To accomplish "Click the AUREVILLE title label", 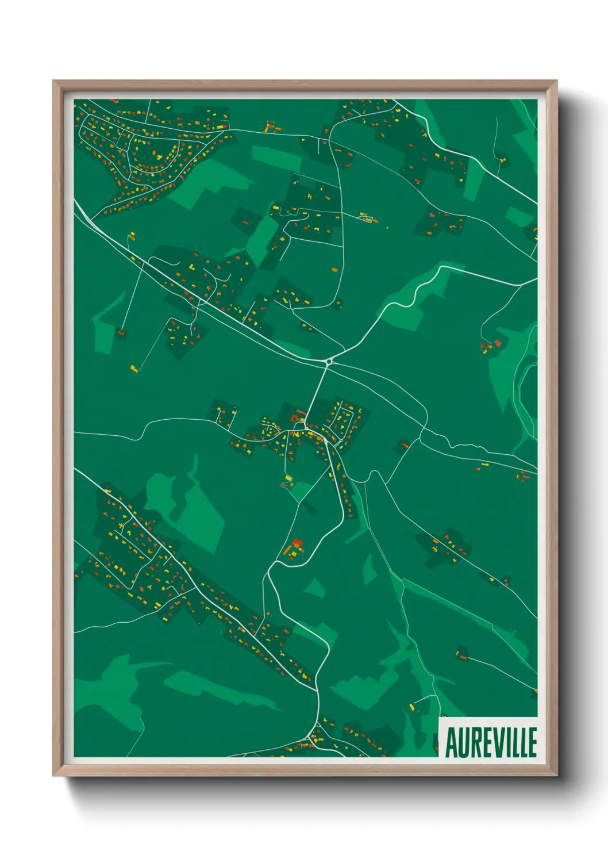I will (x=491, y=742).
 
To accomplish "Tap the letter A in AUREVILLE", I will (x=452, y=743).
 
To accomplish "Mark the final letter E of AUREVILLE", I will (x=532, y=743).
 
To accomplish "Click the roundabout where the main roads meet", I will (x=329, y=361).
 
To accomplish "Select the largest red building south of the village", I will (x=297, y=543).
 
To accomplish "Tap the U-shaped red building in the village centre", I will (x=299, y=416).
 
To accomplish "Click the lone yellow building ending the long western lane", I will (x=134, y=368).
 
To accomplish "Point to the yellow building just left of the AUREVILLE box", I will (x=411, y=706).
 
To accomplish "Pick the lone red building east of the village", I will (x=404, y=444).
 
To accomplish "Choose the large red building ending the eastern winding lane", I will (x=498, y=343).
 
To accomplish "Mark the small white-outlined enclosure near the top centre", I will (x=366, y=218).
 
